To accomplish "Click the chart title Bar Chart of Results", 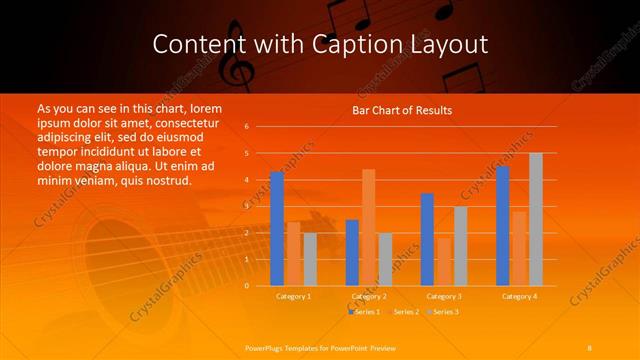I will point(402,110).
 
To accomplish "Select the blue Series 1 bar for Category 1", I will point(277,229).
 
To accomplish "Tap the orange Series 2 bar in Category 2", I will point(368,227).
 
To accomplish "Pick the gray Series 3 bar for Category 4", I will point(536,219).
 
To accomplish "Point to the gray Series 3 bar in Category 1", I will point(310,259).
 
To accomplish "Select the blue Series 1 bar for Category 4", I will point(502,226).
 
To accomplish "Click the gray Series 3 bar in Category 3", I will point(460,246).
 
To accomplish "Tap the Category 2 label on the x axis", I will point(369,296).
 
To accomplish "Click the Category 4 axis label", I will point(518,296).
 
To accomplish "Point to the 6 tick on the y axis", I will point(247,127).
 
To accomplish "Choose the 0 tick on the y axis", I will point(247,285).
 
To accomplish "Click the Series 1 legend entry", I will point(365,313).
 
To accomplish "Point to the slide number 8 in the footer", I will point(590,346).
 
